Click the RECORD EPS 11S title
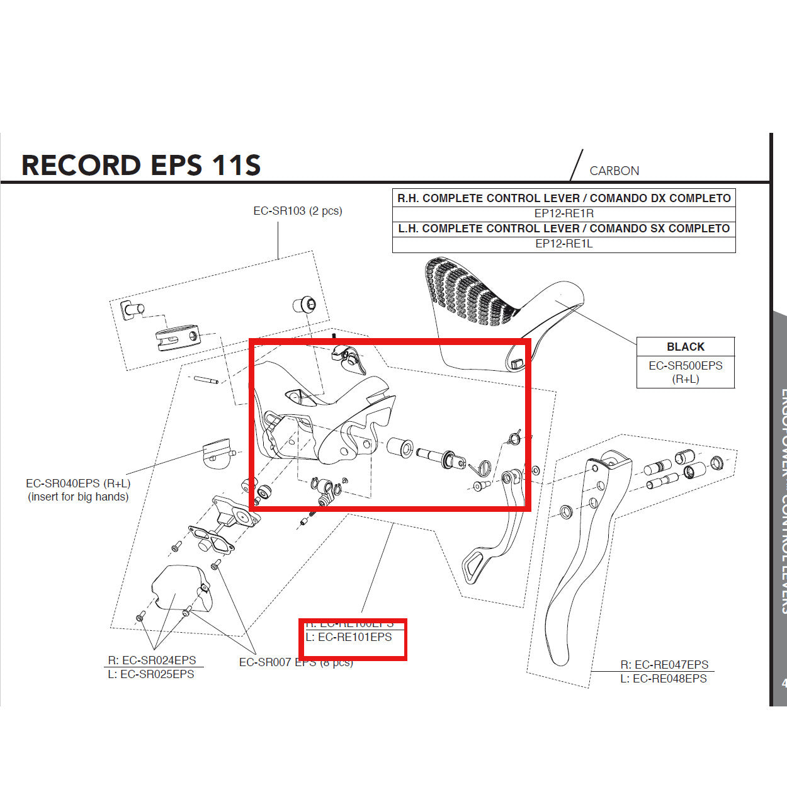[x=141, y=166]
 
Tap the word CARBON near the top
[x=614, y=171]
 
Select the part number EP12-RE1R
[x=563, y=213]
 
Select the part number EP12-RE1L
[x=563, y=244]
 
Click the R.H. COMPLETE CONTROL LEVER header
[x=563, y=198]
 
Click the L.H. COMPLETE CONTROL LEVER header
[x=563, y=229]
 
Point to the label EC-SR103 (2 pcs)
[x=297, y=211]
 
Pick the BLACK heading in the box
[x=685, y=347]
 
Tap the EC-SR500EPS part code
[x=685, y=366]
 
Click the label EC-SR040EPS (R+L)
[x=78, y=484]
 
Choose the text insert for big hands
[x=78, y=497]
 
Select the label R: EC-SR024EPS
[x=152, y=660]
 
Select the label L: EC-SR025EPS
[x=151, y=674]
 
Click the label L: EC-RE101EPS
[x=349, y=637]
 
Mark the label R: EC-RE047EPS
[x=664, y=665]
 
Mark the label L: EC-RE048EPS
[x=664, y=679]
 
